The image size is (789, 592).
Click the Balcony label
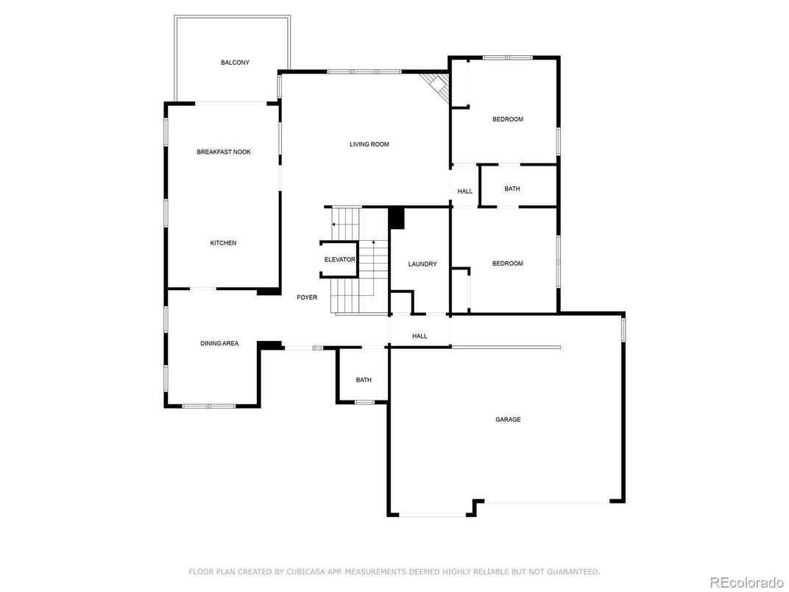pyautogui.click(x=235, y=63)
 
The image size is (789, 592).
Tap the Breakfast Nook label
pyautogui.click(x=224, y=152)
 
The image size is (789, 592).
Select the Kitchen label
pyautogui.click(x=223, y=243)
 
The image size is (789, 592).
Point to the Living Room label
pyautogui.click(x=369, y=144)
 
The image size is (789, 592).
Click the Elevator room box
pyautogui.click(x=339, y=259)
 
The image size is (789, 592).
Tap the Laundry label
pyautogui.click(x=422, y=264)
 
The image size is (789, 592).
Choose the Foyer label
pyautogui.click(x=307, y=297)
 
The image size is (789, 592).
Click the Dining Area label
pyautogui.click(x=219, y=343)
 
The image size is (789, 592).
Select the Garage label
pyautogui.click(x=508, y=420)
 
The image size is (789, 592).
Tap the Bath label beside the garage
pyautogui.click(x=364, y=380)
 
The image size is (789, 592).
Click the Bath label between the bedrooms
pyautogui.click(x=512, y=188)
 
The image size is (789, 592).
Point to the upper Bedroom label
pyautogui.click(x=508, y=119)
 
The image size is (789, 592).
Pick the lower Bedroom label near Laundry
pyautogui.click(x=508, y=264)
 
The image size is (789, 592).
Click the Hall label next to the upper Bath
pyautogui.click(x=465, y=191)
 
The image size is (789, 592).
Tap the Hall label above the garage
pyautogui.click(x=420, y=336)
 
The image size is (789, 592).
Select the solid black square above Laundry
pyautogui.click(x=397, y=219)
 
